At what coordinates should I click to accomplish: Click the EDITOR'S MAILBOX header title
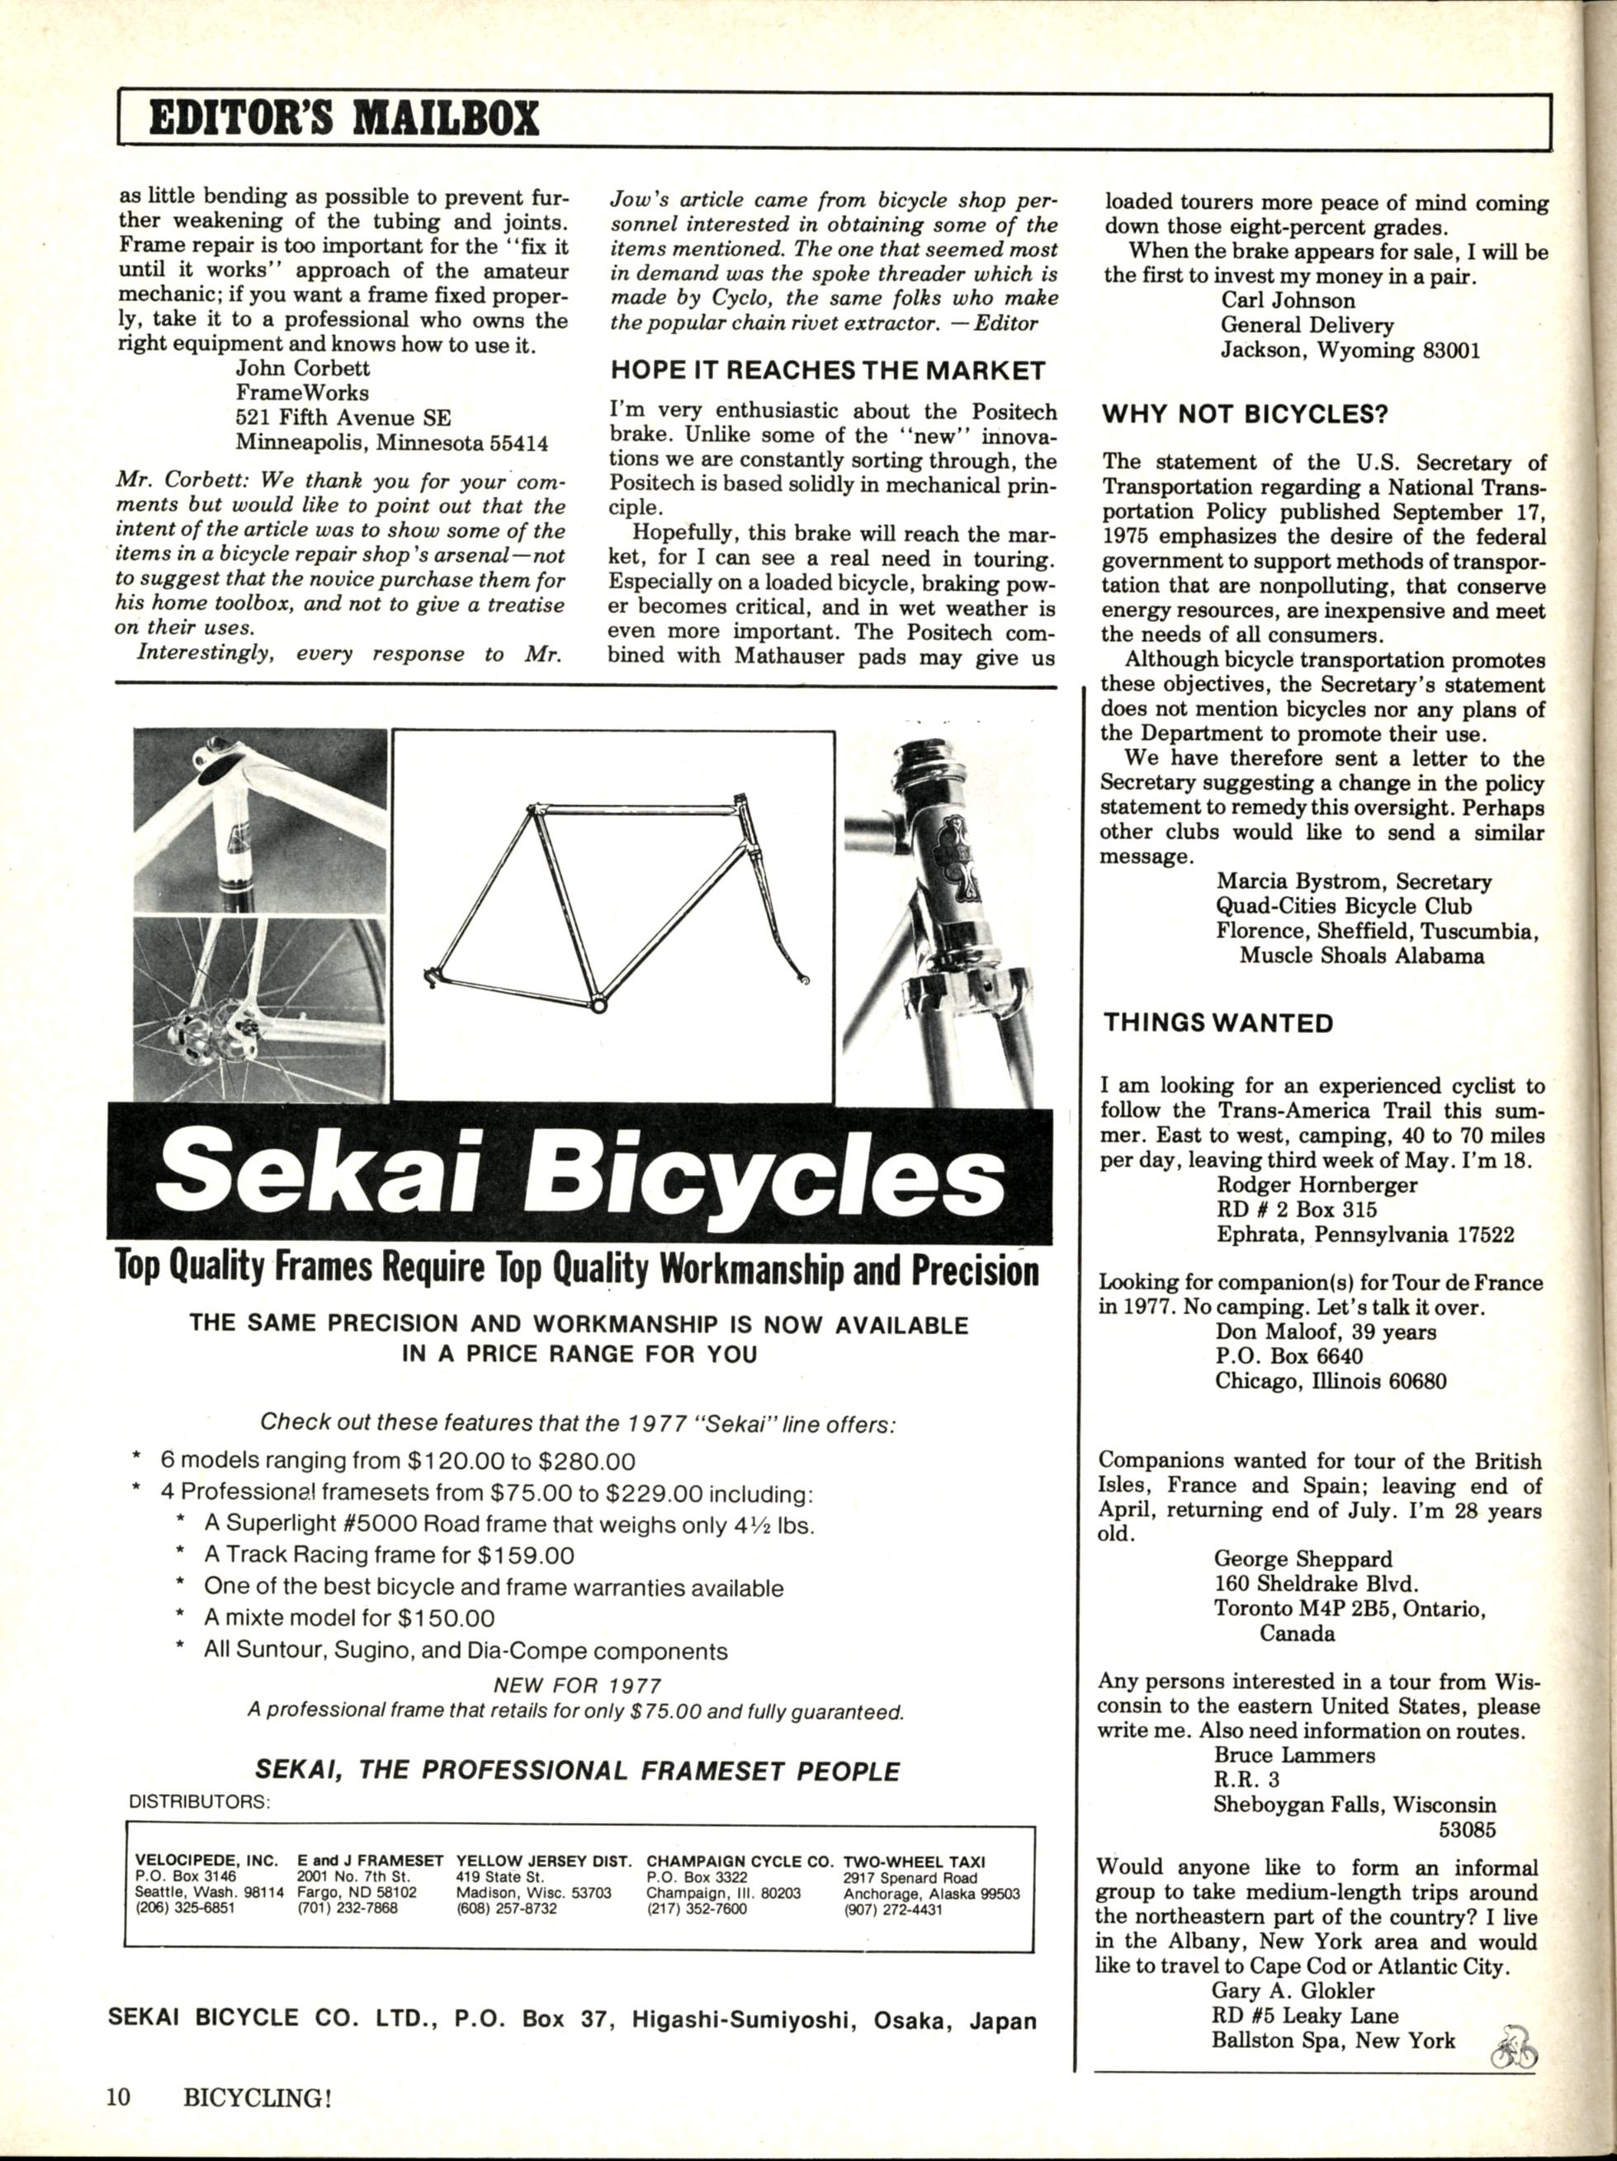point(344,119)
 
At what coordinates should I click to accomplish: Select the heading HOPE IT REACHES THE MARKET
point(828,370)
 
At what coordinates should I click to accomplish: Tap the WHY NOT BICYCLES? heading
point(1245,414)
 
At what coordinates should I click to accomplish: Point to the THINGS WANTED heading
point(1217,1023)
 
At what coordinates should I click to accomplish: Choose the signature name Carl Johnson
point(1288,301)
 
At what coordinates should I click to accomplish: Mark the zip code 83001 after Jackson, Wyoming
point(1452,351)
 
